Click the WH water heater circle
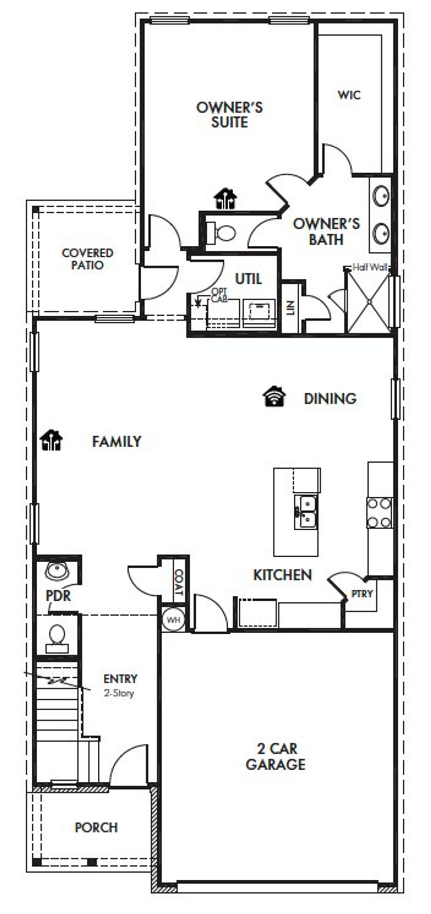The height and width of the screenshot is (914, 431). [x=173, y=620]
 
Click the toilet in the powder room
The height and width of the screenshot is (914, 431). [x=57, y=634]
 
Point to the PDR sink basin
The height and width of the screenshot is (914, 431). [x=57, y=571]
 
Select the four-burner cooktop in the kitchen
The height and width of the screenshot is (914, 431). [x=379, y=513]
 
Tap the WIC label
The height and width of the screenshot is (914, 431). [x=349, y=95]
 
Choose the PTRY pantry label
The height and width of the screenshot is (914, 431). [x=362, y=594]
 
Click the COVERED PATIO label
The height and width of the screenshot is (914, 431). [x=87, y=259]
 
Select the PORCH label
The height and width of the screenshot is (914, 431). [x=96, y=827]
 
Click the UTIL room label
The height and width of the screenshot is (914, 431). [x=248, y=279]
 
